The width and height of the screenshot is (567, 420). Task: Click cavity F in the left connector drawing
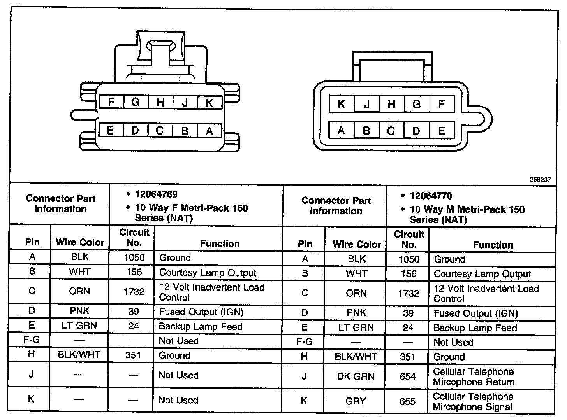click(111, 102)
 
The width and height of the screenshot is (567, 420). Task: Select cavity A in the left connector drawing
click(210, 131)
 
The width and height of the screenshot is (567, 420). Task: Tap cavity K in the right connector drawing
click(342, 104)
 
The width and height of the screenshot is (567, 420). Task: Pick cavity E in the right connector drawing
click(441, 131)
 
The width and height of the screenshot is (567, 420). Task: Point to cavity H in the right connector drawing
click(391, 104)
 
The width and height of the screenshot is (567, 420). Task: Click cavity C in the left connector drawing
click(160, 131)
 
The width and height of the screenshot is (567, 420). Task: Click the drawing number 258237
click(540, 180)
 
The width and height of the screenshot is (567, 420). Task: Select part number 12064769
click(156, 194)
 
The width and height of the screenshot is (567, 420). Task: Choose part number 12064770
click(431, 196)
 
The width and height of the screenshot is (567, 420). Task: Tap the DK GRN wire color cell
click(356, 376)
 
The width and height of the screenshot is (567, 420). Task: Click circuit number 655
click(407, 401)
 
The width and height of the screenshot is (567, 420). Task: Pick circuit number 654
click(407, 376)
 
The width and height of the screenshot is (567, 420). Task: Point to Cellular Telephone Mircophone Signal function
click(474, 402)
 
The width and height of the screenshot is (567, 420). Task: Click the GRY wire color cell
click(355, 401)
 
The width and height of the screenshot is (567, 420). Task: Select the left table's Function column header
click(220, 243)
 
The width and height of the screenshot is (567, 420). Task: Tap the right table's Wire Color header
click(357, 244)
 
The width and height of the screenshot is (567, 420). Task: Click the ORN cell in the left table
click(79, 291)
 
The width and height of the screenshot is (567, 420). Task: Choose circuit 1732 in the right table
click(408, 293)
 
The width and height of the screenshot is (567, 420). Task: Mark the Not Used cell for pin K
click(178, 400)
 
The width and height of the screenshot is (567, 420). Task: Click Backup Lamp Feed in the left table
click(200, 327)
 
